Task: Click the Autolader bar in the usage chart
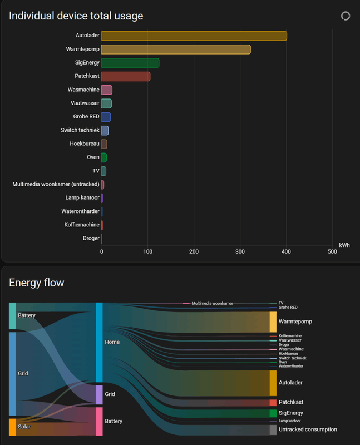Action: tap(194, 36)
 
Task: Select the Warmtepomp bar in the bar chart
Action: tap(176, 50)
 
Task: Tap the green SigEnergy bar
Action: tap(130, 63)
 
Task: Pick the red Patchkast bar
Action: tap(126, 76)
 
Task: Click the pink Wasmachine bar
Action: tap(107, 90)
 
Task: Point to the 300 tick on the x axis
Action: tap(240, 252)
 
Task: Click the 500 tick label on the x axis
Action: tap(332, 252)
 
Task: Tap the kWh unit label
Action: tap(344, 245)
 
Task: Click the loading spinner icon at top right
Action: tap(346, 16)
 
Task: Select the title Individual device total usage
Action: tap(76, 16)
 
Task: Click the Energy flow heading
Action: tap(37, 283)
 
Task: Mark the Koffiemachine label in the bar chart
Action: tap(82, 225)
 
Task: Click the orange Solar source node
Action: tap(12, 427)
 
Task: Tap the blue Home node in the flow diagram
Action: tap(99, 342)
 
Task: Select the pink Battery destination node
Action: tap(99, 421)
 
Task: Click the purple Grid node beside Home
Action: tap(99, 394)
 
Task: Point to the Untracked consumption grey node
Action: tap(273, 429)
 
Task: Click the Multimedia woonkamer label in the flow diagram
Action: tap(212, 304)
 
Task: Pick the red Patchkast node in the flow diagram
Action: tap(273, 402)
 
